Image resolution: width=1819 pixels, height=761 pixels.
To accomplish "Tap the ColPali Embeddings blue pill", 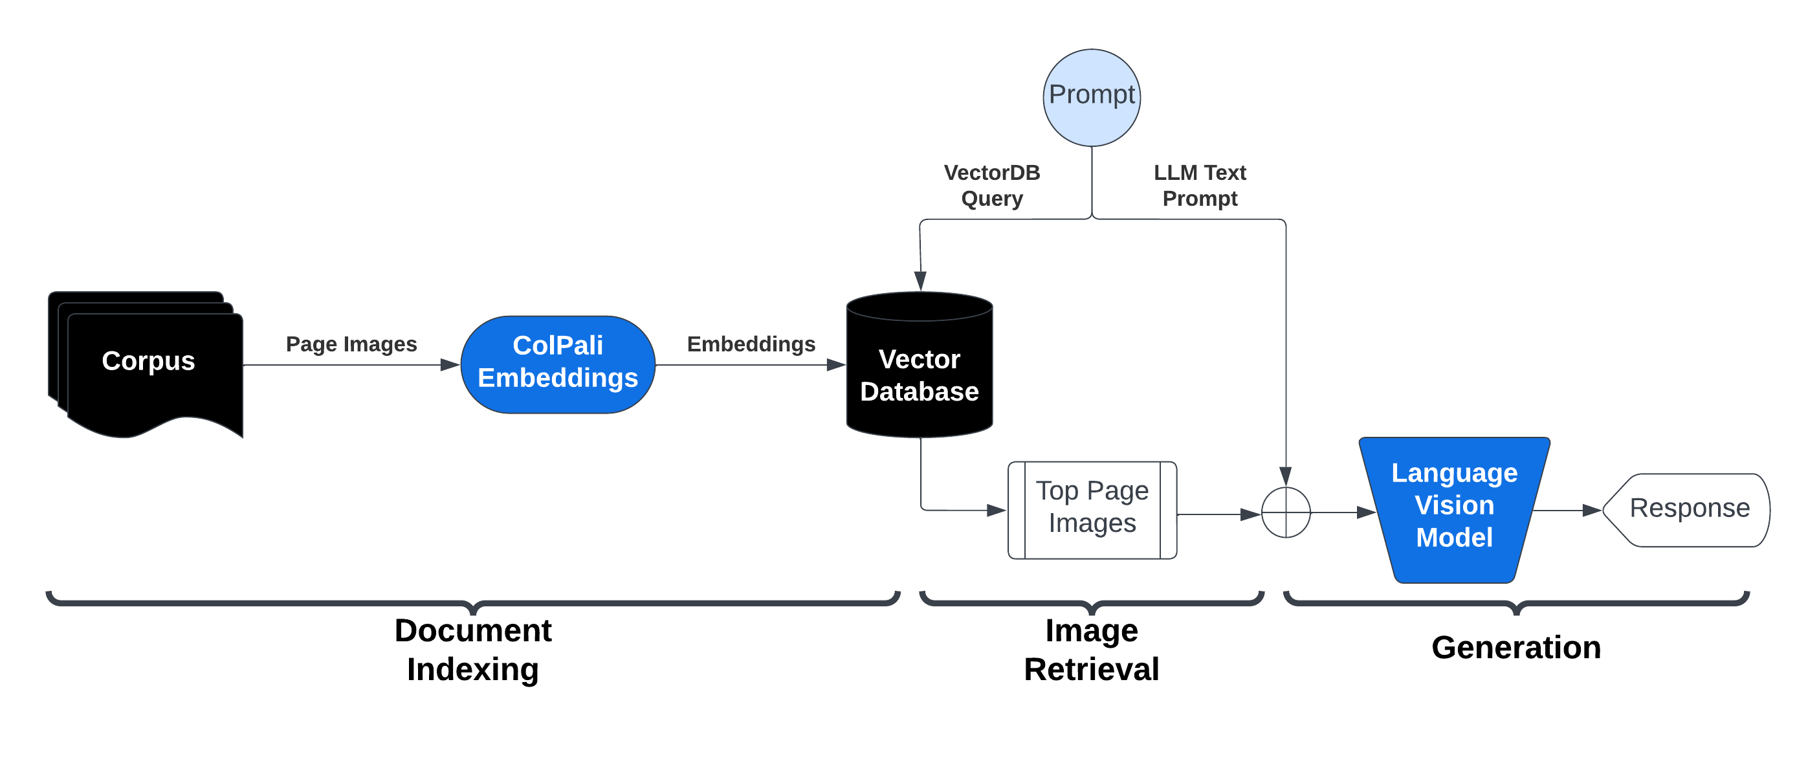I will pos(557,364).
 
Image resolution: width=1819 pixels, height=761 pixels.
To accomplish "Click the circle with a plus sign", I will pos(1285,512).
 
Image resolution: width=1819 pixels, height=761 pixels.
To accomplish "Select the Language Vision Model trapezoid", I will pos(1454,508).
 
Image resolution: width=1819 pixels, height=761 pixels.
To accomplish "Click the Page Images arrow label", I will pos(351,344).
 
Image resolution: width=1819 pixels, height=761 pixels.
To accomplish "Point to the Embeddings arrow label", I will pos(751,344).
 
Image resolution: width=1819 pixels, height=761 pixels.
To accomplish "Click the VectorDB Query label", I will pos(991,186).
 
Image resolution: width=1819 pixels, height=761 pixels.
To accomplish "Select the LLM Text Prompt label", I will pos(1199,186).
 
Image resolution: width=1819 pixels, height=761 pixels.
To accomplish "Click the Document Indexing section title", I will pos(472,650).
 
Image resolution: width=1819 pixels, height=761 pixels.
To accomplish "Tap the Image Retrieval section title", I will pos(1091,650).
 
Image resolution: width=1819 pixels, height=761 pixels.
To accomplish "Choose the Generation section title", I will pos(1516,647).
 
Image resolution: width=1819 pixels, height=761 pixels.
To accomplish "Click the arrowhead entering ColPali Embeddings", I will pos(450,365).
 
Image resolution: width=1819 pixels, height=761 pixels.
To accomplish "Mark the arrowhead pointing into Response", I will pos(1592,510).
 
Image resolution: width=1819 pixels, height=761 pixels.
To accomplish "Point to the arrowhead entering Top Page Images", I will pos(997,510).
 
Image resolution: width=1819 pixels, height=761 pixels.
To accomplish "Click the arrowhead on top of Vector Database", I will pos(920,280).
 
